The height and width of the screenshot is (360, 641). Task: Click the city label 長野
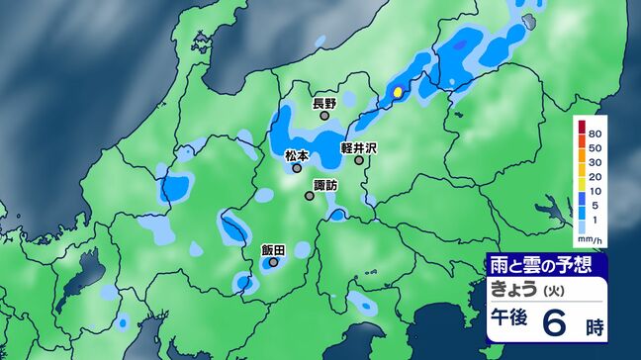click(x=324, y=103)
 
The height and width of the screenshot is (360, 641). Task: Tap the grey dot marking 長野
click(x=324, y=116)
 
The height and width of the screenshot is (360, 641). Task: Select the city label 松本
click(x=297, y=155)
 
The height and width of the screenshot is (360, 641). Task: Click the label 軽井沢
click(x=360, y=147)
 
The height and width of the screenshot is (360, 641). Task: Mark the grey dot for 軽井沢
click(x=359, y=160)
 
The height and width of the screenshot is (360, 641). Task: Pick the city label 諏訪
click(x=324, y=184)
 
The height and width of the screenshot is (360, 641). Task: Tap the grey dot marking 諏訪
click(x=310, y=196)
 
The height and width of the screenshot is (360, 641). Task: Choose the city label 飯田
click(x=273, y=250)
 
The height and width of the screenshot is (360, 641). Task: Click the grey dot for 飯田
click(x=274, y=263)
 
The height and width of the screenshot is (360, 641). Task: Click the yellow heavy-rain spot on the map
click(x=398, y=92)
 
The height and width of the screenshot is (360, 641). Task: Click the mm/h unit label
click(x=590, y=240)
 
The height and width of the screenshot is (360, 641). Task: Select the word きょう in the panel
click(x=513, y=289)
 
